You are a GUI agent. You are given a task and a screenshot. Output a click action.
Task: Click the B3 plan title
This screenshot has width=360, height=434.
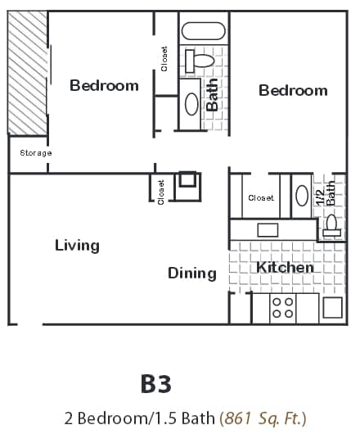click(x=155, y=382)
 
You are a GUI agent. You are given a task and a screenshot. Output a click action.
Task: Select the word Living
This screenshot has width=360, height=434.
click(x=77, y=245)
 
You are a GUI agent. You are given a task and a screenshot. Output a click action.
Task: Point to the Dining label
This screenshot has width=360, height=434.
click(x=192, y=273)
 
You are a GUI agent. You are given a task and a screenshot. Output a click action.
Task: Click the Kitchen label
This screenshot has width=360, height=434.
click(x=285, y=268)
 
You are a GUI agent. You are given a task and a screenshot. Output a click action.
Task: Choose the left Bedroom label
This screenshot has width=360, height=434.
click(x=104, y=85)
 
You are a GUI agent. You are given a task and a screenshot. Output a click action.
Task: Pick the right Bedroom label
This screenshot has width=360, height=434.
click(x=293, y=90)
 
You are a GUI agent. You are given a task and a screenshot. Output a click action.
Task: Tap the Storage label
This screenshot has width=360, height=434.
click(x=36, y=153)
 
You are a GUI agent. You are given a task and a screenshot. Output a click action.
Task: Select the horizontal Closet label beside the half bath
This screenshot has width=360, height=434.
click(x=260, y=197)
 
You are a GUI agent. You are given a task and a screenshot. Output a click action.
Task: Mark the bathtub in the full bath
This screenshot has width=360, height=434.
click(x=203, y=32)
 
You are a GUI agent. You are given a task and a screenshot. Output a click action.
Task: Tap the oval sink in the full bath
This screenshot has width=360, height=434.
click(x=191, y=103)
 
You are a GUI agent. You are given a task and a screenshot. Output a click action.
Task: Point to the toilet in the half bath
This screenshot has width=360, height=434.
click(x=331, y=223)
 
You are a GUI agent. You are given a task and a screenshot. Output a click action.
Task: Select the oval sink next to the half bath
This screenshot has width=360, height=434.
click(x=301, y=197)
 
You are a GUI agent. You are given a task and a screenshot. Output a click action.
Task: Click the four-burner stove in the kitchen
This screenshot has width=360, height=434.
click(x=282, y=308)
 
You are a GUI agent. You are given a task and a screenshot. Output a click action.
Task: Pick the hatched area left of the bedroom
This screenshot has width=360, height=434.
click(x=27, y=74)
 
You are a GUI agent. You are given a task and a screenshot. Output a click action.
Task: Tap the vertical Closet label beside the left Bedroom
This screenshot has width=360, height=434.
click(x=164, y=58)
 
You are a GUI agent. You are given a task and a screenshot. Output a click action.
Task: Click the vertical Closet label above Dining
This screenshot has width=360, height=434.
click(x=160, y=192)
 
